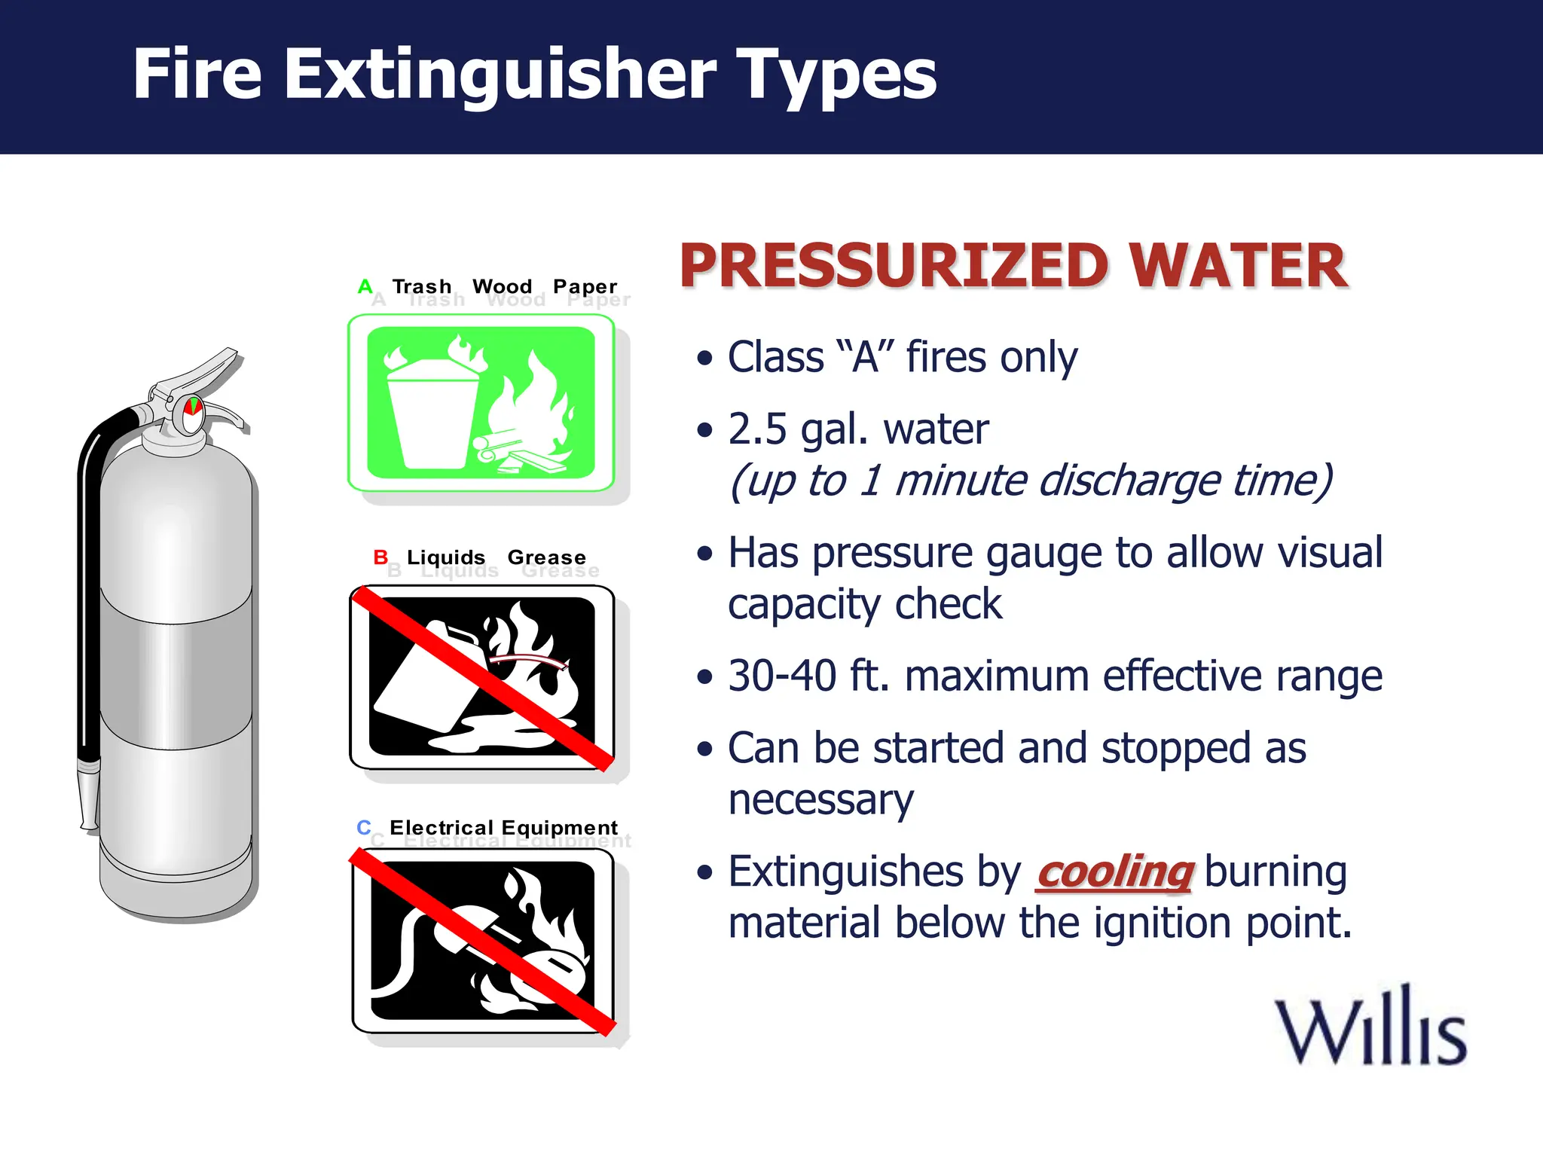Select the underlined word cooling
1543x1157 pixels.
[1114, 873]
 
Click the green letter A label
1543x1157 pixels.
[365, 286]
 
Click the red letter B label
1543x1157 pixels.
[380, 557]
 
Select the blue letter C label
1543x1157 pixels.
[364, 827]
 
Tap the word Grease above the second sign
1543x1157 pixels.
[546, 557]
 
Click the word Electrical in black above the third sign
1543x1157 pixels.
[442, 827]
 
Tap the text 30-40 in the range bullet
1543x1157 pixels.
[781, 676]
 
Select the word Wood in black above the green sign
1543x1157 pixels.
[502, 286]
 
